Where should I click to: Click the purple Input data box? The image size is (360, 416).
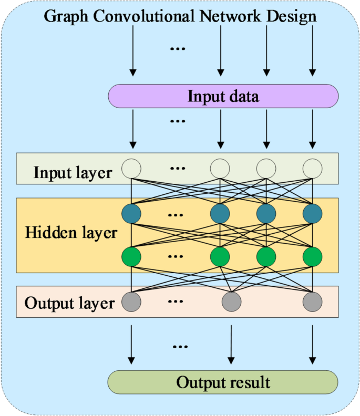(x=223, y=96)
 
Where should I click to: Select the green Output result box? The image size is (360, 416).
(x=223, y=382)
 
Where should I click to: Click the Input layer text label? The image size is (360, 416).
(x=73, y=172)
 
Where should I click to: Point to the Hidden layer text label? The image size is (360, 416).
(x=71, y=232)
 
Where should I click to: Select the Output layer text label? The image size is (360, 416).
(x=69, y=303)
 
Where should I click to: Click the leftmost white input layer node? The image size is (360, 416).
(x=131, y=169)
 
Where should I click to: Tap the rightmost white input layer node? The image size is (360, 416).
(x=312, y=169)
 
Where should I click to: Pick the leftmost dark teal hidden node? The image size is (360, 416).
(x=131, y=214)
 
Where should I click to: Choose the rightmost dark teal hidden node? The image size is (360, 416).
(x=312, y=214)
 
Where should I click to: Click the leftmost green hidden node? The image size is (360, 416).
(x=131, y=257)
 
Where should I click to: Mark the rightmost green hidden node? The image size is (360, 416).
(x=312, y=257)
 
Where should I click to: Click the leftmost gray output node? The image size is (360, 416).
(x=131, y=301)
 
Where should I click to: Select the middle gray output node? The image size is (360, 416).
(x=231, y=301)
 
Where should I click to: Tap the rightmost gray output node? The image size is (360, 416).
(x=312, y=301)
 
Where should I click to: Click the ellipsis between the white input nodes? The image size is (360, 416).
(x=178, y=169)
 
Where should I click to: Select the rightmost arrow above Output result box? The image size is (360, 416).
(x=313, y=344)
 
